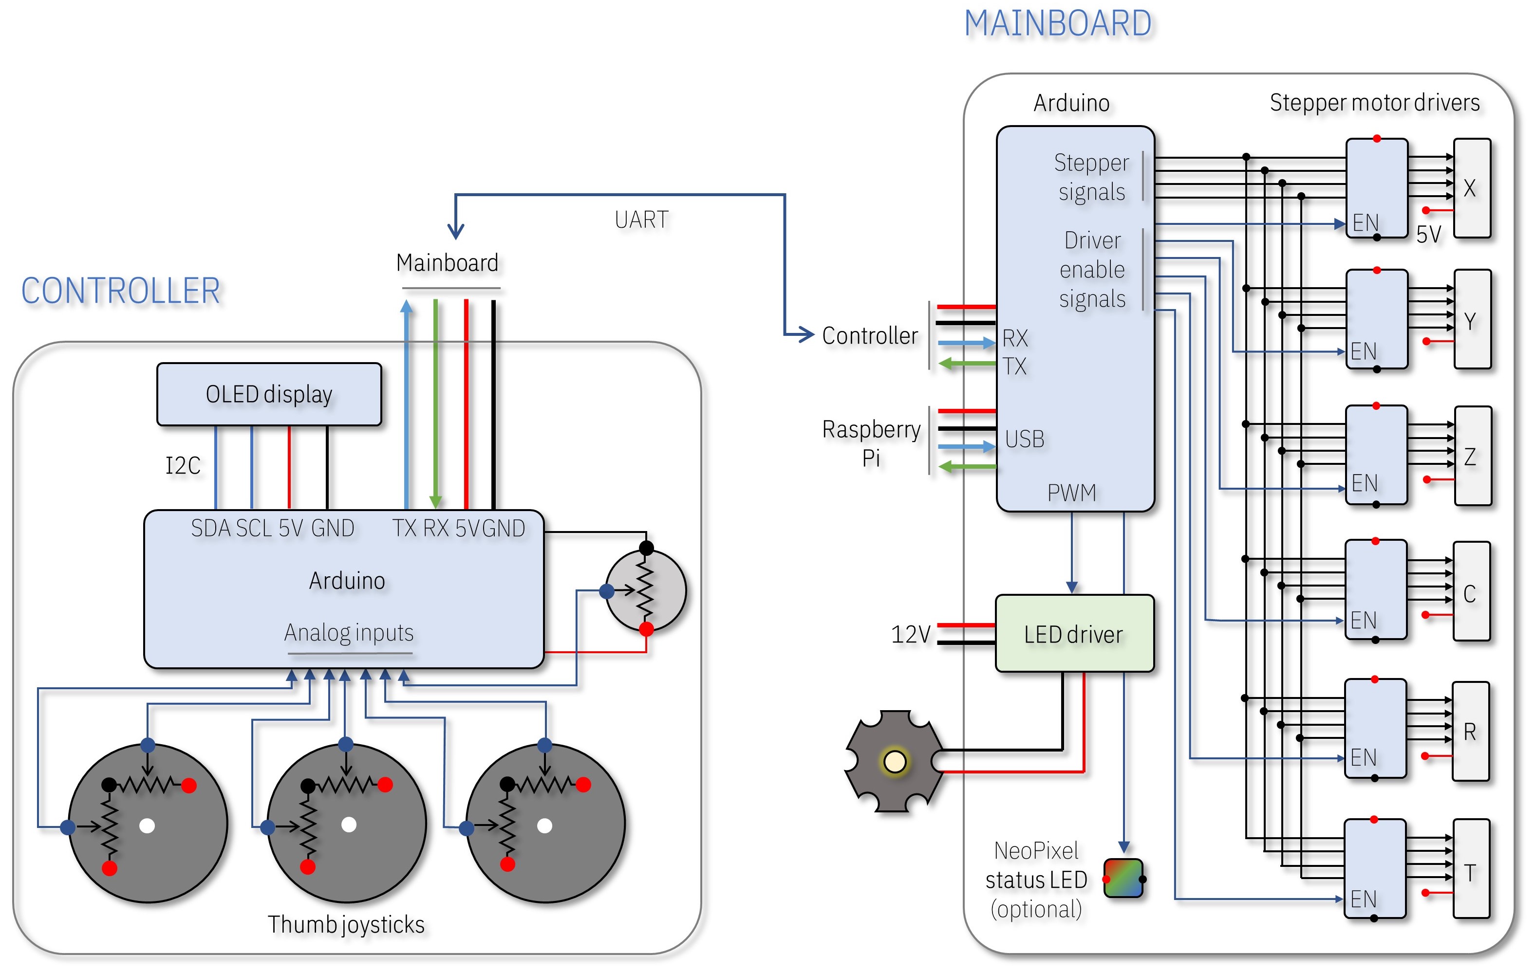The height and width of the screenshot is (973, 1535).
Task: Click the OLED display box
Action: coord(269,394)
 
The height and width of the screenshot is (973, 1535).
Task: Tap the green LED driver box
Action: coord(1074,634)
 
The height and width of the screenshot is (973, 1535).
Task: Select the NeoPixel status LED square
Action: coord(1123,878)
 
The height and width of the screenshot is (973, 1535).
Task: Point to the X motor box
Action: coord(1471,188)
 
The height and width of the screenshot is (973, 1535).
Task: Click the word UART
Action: coord(641,220)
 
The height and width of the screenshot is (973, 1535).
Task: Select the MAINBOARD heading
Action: coord(1058,24)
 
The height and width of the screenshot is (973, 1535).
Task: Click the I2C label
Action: coord(183,466)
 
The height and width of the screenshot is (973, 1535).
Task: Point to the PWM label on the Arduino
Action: coord(1071,493)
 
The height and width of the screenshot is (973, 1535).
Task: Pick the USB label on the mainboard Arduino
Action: coord(1025,439)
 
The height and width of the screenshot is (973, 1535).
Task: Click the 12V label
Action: coord(910,635)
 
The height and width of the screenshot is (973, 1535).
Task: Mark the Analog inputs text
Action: coord(349,633)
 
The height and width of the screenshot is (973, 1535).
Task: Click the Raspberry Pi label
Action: coord(871,443)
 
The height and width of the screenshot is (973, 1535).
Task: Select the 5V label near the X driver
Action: coord(1428,235)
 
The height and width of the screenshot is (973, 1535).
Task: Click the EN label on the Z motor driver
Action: coord(1364,483)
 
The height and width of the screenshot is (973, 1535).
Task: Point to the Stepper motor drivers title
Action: coord(1374,103)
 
